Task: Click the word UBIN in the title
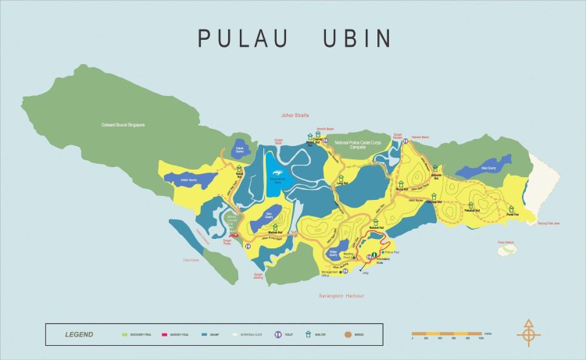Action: coord(356,37)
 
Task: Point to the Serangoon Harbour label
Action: coord(341,296)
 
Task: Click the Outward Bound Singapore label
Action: coord(128,125)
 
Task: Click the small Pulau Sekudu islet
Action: coord(507,248)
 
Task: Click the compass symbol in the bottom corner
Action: coord(529,334)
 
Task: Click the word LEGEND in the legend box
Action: coord(79,334)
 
